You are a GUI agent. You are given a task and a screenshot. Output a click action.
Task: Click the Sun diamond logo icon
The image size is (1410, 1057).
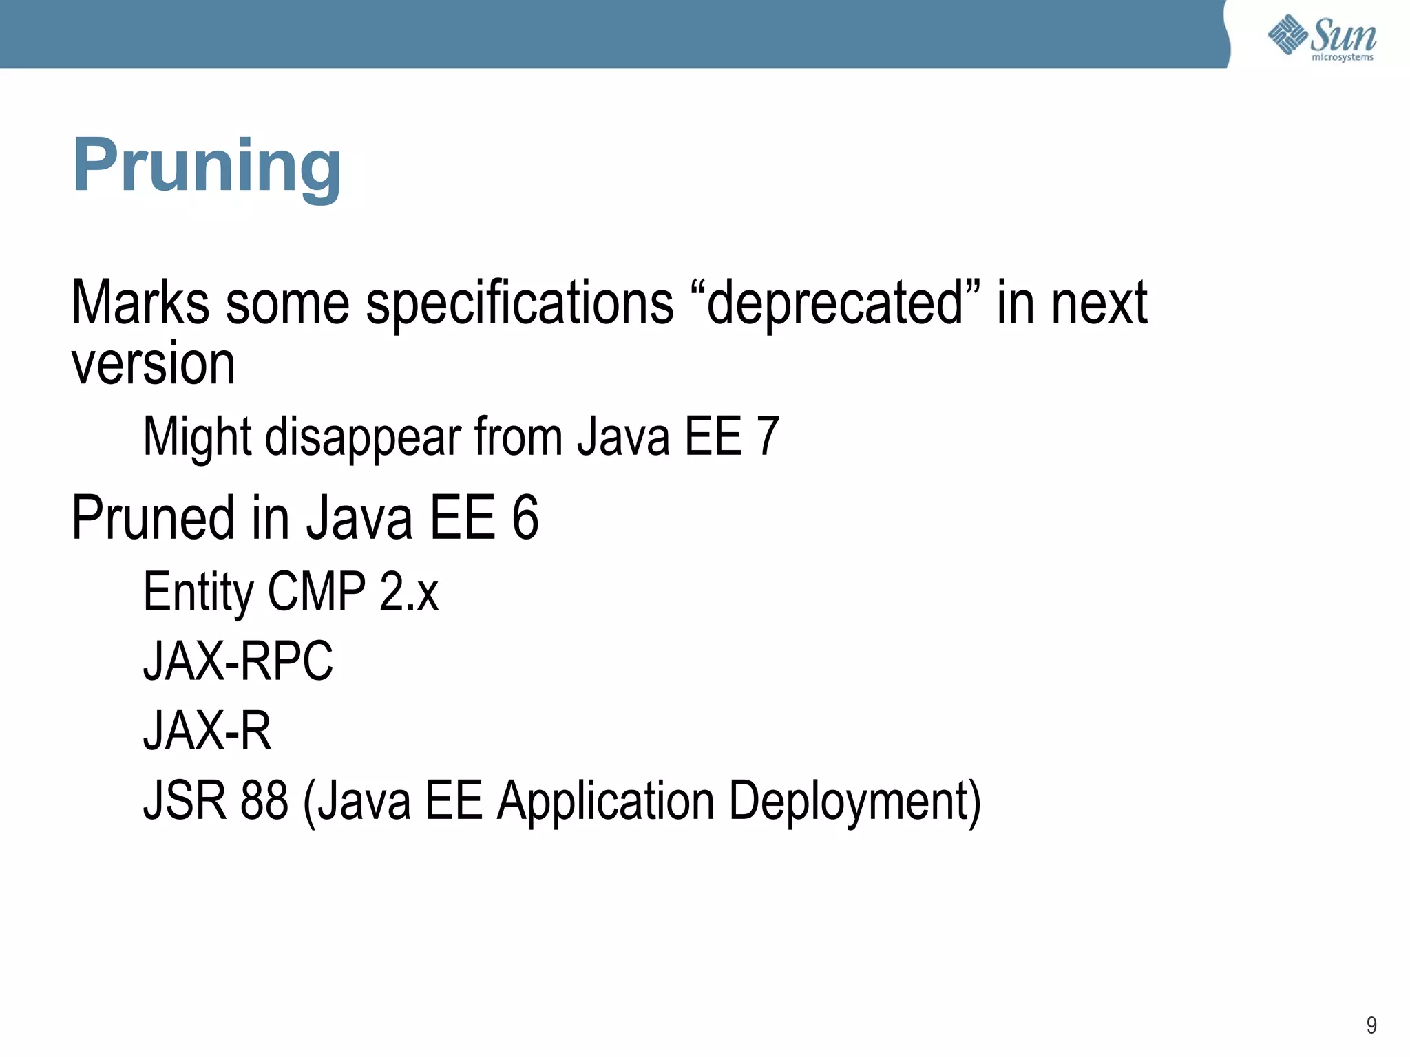point(1287,34)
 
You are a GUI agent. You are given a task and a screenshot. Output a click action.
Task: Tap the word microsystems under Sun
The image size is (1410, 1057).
point(1342,57)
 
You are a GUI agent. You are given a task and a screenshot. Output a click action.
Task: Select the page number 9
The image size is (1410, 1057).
point(1371,1025)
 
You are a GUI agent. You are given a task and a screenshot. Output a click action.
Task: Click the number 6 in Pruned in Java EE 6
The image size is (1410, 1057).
point(525,517)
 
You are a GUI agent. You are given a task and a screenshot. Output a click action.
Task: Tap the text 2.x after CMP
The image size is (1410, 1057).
point(408,592)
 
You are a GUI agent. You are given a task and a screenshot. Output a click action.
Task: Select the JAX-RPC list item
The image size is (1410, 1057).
point(238,661)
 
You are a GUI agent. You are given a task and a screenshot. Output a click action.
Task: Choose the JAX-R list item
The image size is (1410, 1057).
point(207,731)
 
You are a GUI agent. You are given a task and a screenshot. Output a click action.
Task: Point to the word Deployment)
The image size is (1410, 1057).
point(854,802)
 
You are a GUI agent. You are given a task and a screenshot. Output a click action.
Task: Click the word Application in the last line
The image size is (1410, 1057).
point(606,802)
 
